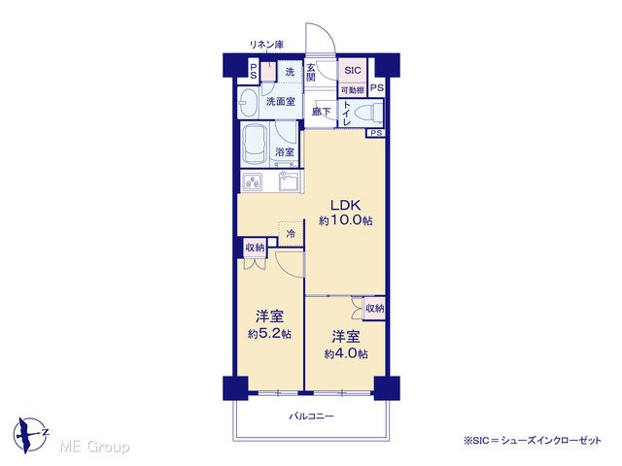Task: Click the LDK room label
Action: pyautogui.click(x=346, y=205)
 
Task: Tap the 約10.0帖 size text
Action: pyautogui.click(x=346, y=220)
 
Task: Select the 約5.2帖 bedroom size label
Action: pyautogui.click(x=269, y=334)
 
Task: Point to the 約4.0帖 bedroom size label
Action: pyautogui.click(x=346, y=353)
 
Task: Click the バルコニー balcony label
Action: pyautogui.click(x=311, y=416)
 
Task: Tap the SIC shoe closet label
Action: pyautogui.click(x=352, y=71)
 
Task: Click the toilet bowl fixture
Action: pyautogui.click(x=367, y=113)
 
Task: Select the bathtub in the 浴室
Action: pyautogui.click(x=255, y=145)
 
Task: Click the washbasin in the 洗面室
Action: pyautogui.click(x=248, y=102)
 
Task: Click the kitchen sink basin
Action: pyautogui.click(x=289, y=183)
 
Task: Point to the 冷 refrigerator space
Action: pyautogui.click(x=291, y=234)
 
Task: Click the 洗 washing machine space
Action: pyautogui.click(x=290, y=72)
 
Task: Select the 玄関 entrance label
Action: pyautogui.click(x=311, y=72)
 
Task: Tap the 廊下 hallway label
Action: pyautogui.click(x=321, y=112)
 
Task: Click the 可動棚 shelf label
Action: pyautogui.click(x=352, y=90)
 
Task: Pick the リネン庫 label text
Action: pyautogui.click(x=266, y=45)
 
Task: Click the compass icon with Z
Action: pyautogui.click(x=30, y=434)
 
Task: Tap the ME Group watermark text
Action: pyautogui.click(x=94, y=447)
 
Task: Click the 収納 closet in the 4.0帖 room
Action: pyautogui.click(x=374, y=308)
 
